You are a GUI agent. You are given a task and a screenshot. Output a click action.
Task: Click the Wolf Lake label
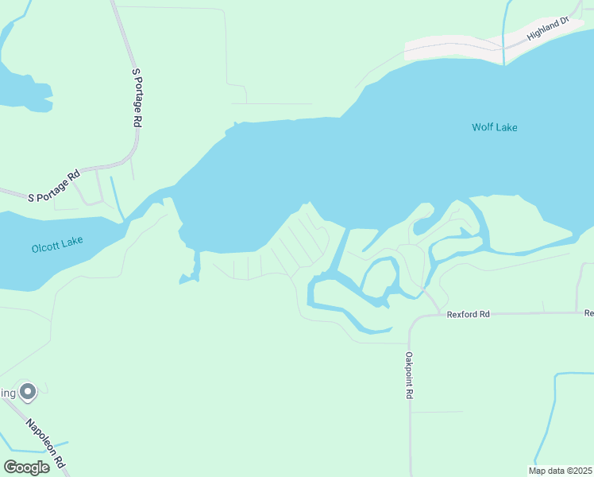pos(494,127)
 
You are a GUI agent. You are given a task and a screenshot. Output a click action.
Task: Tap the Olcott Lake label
pos(57,248)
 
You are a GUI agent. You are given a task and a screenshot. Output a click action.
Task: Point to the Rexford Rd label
pos(468,315)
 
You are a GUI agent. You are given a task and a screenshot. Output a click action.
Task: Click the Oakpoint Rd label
pos(410,375)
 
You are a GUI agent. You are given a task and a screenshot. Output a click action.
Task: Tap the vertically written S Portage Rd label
pos(137,98)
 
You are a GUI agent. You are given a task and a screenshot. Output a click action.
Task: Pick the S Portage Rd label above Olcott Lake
pos(55,185)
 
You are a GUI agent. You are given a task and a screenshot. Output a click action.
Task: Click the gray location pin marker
pos(28,391)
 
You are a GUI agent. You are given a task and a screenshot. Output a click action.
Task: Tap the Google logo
pos(26,467)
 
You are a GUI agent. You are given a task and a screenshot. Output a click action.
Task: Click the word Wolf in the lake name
pos(483,127)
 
